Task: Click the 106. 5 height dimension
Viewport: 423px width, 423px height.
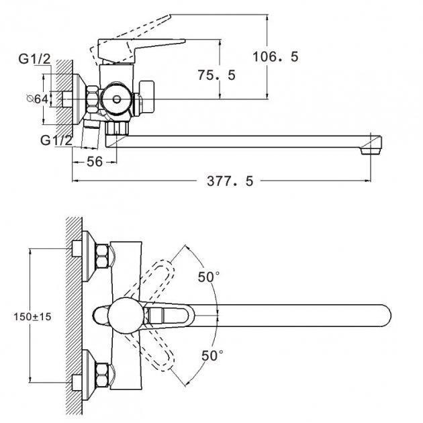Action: [x=275, y=56]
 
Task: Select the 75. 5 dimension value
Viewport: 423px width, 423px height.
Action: [x=216, y=75]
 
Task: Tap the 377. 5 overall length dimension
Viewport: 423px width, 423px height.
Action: [x=230, y=181]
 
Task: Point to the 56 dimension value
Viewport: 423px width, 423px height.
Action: [x=95, y=162]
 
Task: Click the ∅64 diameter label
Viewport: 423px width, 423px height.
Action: [x=38, y=99]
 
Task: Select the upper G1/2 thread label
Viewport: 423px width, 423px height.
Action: [x=34, y=59]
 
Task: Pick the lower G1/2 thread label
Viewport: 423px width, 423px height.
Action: [x=56, y=140]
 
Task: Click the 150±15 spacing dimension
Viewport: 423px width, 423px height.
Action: [x=32, y=317]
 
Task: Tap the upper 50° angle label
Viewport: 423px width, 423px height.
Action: [x=209, y=277]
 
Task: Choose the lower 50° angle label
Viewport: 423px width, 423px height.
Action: [x=212, y=355]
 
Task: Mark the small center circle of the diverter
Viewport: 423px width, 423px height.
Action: [x=117, y=99]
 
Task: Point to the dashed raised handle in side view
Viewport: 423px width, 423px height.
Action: [x=130, y=38]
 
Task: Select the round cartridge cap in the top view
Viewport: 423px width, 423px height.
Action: [x=126, y=315]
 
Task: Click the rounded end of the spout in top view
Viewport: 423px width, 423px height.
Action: [x=386, y=316]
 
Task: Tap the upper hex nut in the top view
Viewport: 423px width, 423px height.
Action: [x=102, y=256]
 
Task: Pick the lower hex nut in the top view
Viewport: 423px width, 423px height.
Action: [x=102, y=375]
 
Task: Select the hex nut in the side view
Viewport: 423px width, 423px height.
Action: [x=93, y=99]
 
